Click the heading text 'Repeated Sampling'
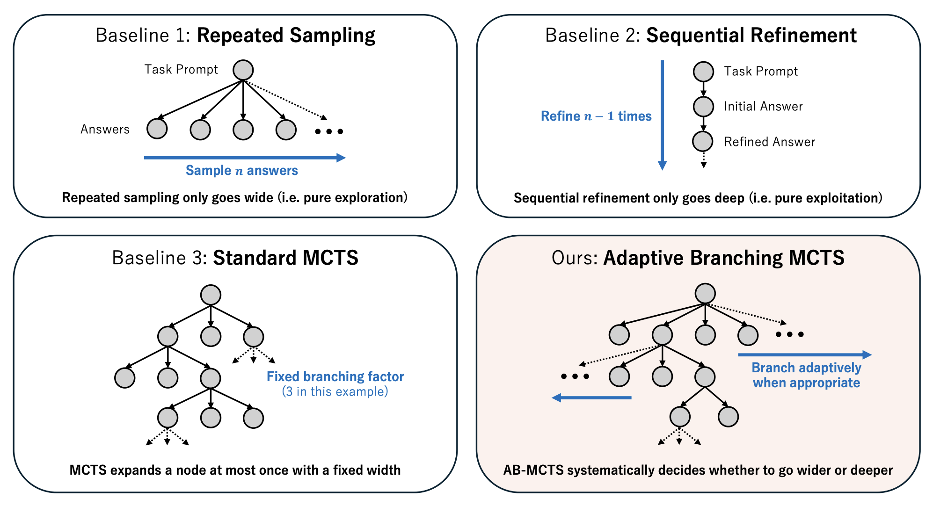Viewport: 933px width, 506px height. pos(286,36)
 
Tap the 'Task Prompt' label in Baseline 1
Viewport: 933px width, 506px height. pos(181,70)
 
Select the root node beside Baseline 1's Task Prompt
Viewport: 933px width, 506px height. pos(243,70)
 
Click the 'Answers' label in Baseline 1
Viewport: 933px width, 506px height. pos(105,129)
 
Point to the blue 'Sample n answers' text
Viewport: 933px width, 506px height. pos(241,170)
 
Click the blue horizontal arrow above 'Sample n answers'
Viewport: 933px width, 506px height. pos(244,158)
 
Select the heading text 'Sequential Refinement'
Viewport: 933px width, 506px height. pos(751,36)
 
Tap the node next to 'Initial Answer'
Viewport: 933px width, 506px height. pos(703,107)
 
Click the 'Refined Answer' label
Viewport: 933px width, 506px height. pos(769,142)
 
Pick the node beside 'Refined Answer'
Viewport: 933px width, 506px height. pos(703,141)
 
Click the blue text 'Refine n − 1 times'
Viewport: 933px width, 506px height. pos(596,116)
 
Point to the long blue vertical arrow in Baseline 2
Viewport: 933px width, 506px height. pos(662,115)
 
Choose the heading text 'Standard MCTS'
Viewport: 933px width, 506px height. pos(285,258)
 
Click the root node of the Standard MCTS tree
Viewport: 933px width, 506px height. pos(211,295)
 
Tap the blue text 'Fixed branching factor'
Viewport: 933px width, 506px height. pos(335,376)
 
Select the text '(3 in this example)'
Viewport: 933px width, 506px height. pos(335,391)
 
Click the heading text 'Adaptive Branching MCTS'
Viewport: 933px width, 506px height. pos(723,258)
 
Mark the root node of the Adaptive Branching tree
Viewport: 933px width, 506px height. pos(705,294)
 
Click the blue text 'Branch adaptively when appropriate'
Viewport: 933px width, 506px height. pos(806,375)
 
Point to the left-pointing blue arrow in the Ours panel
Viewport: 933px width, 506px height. pos(591,398)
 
